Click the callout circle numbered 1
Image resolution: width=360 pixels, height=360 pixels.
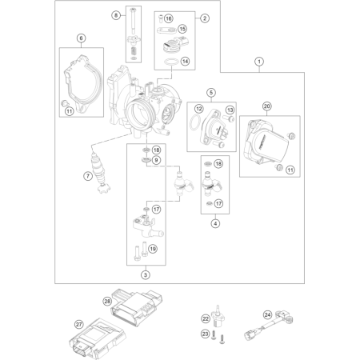coord(259,62)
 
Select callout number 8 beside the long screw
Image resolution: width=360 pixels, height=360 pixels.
coord(116,15)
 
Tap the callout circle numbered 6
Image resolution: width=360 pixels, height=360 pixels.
coord(81,38)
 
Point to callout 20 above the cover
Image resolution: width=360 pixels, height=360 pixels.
coord(267,106)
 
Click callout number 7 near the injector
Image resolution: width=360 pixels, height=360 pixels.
coord(88,176)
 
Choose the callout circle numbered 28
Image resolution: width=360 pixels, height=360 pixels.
coord(107,302)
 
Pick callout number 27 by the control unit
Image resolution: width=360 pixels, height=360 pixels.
coord(78,325)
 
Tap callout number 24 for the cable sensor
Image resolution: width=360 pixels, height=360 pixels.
coord(267,315)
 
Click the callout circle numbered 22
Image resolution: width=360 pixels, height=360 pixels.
coord(206,318)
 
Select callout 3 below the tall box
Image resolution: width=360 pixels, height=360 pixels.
coord(146,274)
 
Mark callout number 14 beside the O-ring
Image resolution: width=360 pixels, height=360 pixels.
coord(185,62)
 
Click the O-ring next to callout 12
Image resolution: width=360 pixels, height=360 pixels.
coord(194,123)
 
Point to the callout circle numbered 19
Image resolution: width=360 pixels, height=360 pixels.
coord(153,249)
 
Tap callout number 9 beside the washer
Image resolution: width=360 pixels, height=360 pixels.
coord(157,160)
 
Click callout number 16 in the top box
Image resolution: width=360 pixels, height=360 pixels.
coord(169,18)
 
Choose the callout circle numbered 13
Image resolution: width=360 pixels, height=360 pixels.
coord(230,110)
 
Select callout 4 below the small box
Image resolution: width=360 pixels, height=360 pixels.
coord(215,223)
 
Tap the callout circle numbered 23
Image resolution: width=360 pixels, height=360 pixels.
coord(205,334)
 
